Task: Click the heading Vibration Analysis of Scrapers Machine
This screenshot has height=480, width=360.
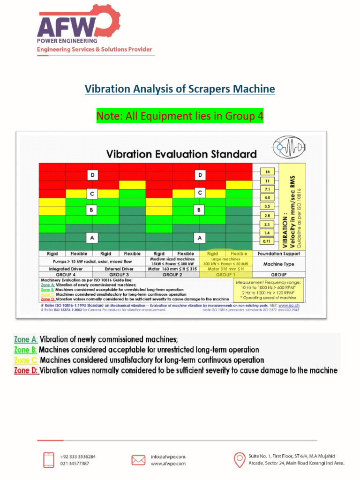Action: point(180,89)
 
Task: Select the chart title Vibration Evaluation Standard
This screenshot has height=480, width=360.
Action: point(181,154)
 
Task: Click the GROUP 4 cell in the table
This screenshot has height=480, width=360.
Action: point(66,275)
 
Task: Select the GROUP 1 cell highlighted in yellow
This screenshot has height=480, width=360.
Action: point(226,275)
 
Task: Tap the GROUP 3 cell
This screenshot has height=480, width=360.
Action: point(119,275)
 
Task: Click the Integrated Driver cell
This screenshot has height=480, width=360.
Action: point(66,269)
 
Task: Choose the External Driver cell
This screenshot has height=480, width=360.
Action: point(119,269)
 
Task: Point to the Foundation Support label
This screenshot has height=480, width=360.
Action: point(279,254)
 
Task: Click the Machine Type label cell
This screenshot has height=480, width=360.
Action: point(279,264)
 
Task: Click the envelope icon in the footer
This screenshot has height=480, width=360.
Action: point(138,460)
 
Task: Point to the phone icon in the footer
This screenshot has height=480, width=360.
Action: point(48,460)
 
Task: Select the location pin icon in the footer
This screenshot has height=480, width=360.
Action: point(239,459)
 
